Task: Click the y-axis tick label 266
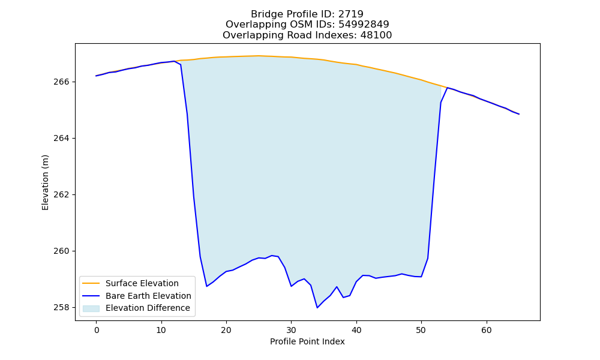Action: coord(62,82)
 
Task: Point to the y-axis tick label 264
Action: coord(62,139)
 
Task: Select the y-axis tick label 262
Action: coord(62,195)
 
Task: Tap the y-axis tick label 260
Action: coord(62,251)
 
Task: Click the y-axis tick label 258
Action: coord(62,308)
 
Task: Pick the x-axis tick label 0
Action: coord(97,330)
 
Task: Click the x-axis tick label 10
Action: coord(161,330)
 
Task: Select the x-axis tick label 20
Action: coord(226,330)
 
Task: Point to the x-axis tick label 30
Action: coord(291,330)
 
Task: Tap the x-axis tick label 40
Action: coord(356,330)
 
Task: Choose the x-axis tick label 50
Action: coord(421,330)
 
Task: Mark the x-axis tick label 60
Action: coord(487,330)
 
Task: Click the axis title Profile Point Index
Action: coord(307,341)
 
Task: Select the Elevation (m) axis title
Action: coord(45,182)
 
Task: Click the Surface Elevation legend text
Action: coord(142,283)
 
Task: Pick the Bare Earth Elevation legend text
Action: coord(148,296)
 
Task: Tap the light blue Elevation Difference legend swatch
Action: coord(91,308)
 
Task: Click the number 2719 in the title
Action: coord(350,14)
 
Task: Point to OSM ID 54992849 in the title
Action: coord(364,25)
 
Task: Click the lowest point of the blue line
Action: coord(317,308)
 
